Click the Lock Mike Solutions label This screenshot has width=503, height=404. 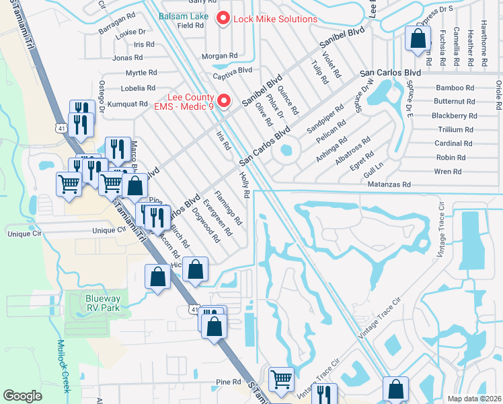click(x=274, y=19)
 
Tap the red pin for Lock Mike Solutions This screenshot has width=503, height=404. click(x=225, y=19)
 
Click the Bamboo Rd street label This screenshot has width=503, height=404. click(x=455, y=88)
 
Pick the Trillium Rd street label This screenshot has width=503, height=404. click(x=455, y=129)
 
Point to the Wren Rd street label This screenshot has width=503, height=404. click(x=448, y=172)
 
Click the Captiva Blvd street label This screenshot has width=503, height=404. click(x=232, y=69)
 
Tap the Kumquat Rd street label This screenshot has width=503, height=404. click(x=127, y=104)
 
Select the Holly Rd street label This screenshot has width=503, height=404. click(x=245, y=184)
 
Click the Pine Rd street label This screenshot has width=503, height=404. click(x=228, y=382)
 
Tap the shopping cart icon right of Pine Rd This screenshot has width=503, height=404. click(x=280, y=379)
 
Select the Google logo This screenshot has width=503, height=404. click(x=23, y=396)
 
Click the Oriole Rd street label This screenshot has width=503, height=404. click(x=498, y=94)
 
